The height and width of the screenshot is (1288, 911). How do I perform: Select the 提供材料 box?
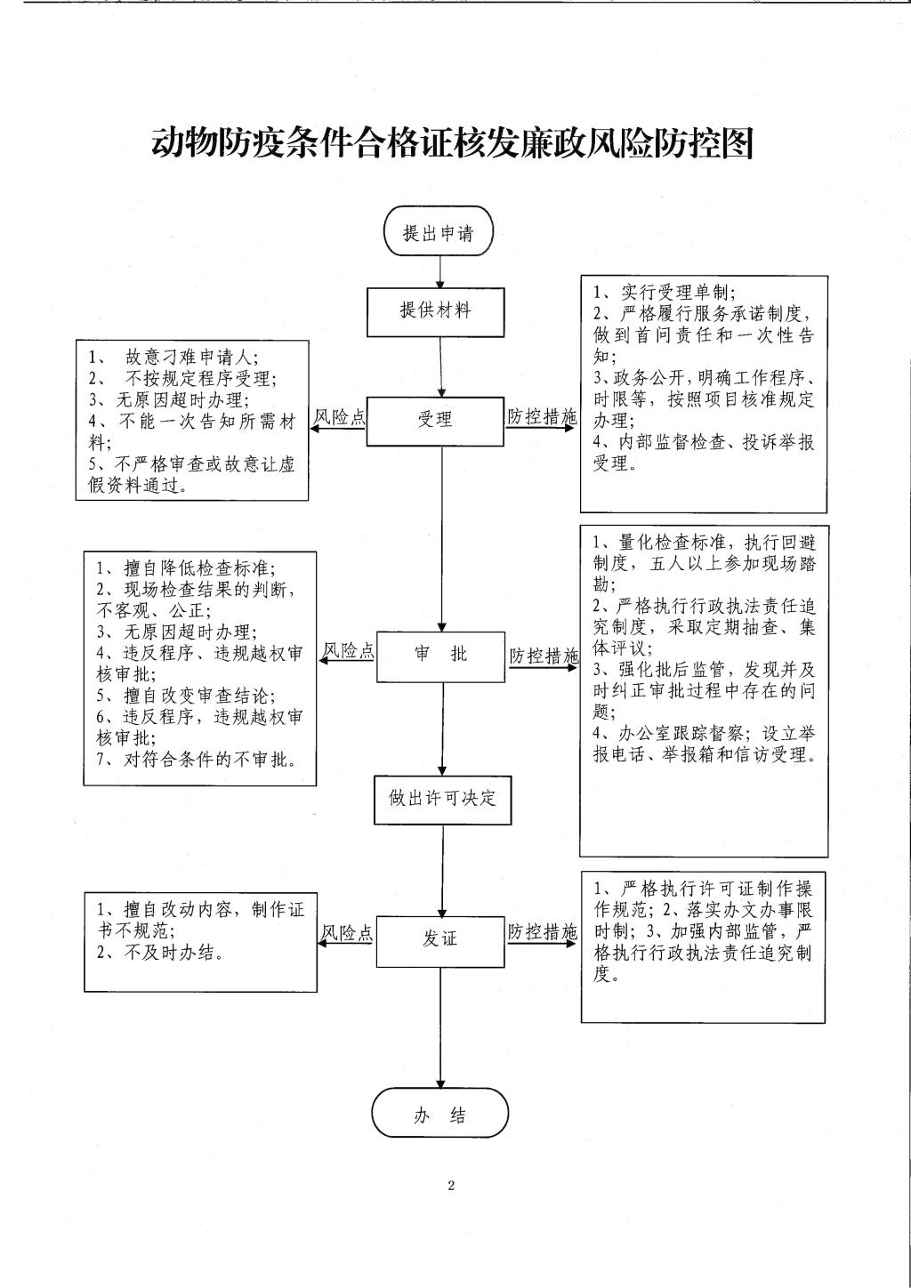click(436, 312)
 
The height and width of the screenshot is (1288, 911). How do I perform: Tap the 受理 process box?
click(435, 422)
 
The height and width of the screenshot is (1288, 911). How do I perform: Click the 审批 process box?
click(440, 656)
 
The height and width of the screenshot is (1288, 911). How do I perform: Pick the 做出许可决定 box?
click(443, 800)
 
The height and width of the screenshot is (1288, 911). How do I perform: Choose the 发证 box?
click(440, 942)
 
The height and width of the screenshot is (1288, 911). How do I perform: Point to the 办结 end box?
click(440, 1113)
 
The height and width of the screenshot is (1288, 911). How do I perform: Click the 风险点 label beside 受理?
click(339, 417)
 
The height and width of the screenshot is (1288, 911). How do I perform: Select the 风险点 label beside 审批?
click(348, 650)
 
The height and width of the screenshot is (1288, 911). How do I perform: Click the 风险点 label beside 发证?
click(347, 932)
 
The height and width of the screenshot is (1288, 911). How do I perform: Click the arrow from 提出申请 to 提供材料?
click(440, 272)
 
